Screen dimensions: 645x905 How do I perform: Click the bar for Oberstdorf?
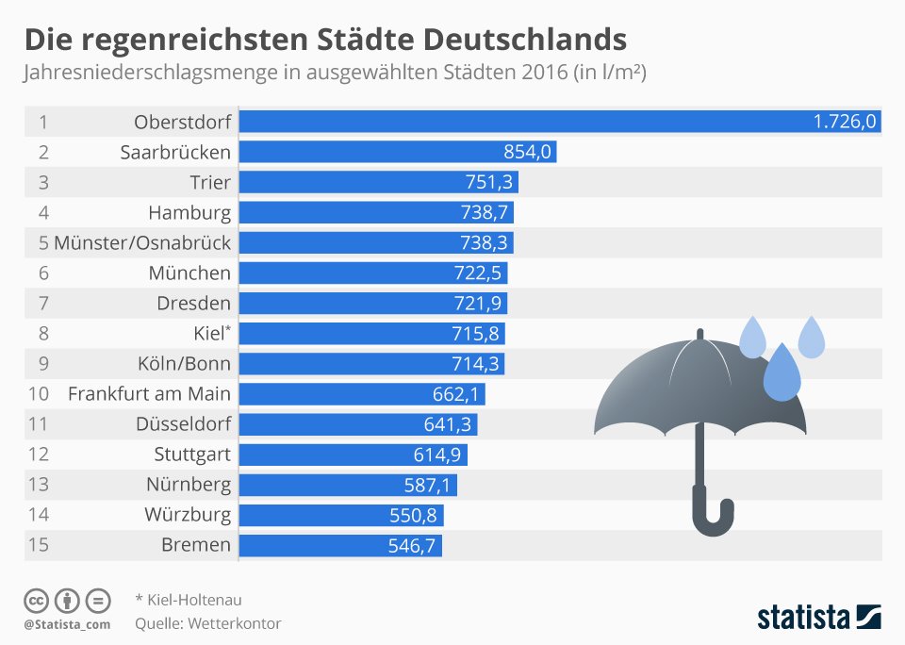coord(560,122)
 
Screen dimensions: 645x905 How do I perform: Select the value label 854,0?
coord(529,152)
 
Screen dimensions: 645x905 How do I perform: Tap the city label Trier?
coord(209,182)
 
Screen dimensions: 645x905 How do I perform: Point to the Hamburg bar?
coord(376,212)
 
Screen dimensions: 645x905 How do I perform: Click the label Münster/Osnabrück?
coord(141,242)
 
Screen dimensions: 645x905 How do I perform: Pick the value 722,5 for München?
coord(480,273)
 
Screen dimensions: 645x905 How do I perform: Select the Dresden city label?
coord(193,303)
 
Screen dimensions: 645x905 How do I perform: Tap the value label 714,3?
coord(477,363)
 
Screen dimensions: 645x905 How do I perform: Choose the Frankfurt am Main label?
coord(149,393)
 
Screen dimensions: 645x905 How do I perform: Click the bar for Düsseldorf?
coord(358,423)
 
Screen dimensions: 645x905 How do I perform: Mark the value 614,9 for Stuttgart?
coord(439,454)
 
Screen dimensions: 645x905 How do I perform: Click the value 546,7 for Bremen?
coord(414,544)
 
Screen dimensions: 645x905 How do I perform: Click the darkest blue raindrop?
coord(782,374)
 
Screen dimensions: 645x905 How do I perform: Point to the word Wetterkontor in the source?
coord(235,623)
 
